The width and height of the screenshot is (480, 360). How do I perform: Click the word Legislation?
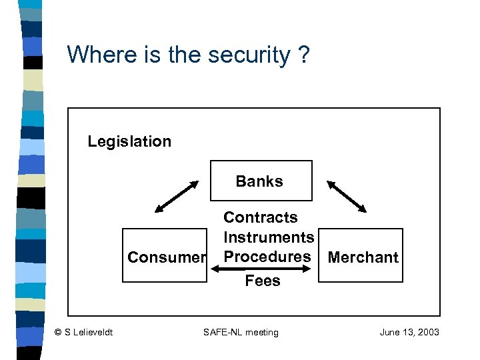click(129, 141)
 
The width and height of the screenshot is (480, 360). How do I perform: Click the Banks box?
click(260, 181)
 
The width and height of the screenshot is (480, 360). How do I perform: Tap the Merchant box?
click(363, 257)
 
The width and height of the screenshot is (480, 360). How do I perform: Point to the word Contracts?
click(261, 217)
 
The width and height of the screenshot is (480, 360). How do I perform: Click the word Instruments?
click(269, 237)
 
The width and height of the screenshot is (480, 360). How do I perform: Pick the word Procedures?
click(267, 257)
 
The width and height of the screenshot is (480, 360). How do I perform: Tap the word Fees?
click(263, 281)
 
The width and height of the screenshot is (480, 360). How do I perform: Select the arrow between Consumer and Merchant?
click(261, 269)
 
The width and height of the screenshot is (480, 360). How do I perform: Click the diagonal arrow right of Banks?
click(347, 196)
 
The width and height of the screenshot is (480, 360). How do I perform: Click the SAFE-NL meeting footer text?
click(241, 332)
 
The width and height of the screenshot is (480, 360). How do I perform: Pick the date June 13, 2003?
click(409, 332)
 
